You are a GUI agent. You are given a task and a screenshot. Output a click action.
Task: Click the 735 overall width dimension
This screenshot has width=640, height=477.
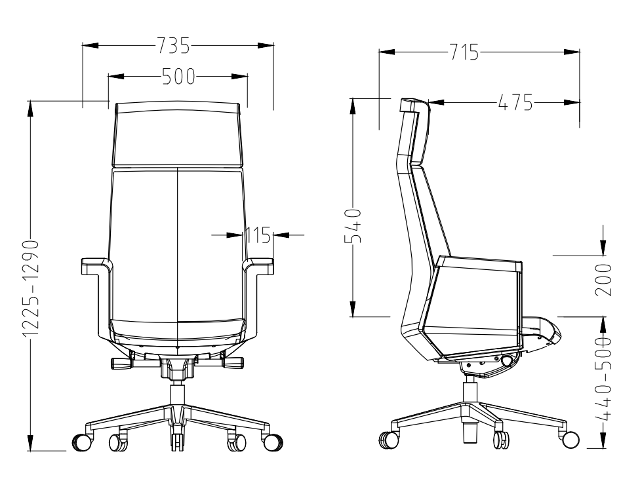point(173,45)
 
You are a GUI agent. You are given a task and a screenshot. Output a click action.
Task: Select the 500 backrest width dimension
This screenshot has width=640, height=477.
point(174,77)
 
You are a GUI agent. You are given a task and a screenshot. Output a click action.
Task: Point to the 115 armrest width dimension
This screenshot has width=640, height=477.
point(258,235)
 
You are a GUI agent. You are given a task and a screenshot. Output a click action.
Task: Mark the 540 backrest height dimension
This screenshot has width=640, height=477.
point(353,225)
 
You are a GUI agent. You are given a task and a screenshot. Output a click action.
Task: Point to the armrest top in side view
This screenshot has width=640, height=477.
point(479,263)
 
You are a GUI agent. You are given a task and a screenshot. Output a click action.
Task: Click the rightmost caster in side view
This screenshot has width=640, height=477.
point(570,440)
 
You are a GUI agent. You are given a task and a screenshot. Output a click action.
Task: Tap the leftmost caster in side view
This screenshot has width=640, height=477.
point(386,440)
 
